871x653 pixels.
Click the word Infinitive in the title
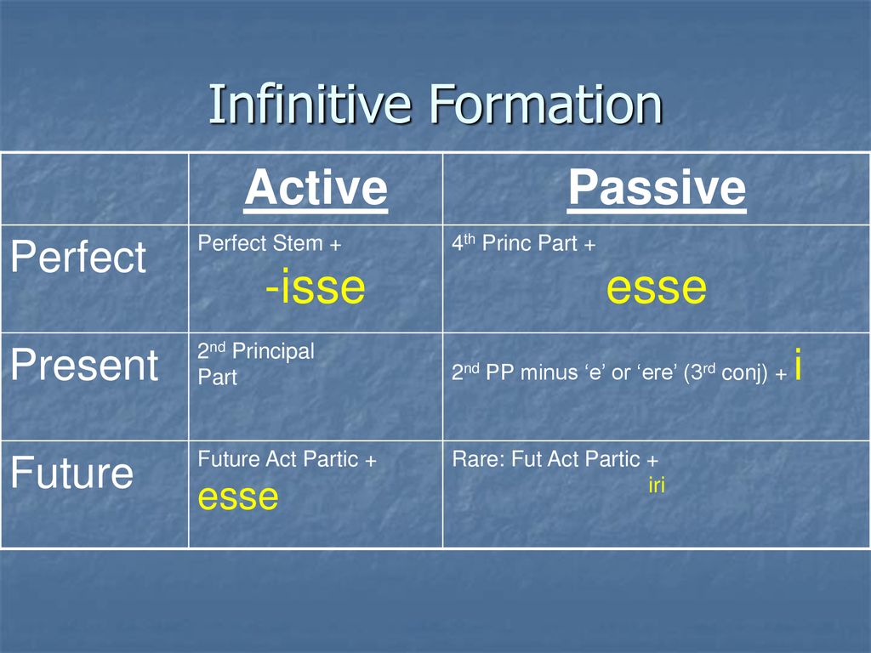(x=310, y=104)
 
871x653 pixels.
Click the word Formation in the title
(x=546, y=104)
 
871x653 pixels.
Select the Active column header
(x=316, y=188)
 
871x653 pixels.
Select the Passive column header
(x=657, y=188)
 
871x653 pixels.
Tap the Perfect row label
(x=78, y=257)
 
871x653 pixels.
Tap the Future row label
(x=72, y=473)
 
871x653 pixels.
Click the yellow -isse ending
(x=315, y=287)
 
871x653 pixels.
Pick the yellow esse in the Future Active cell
(x=238, y=497)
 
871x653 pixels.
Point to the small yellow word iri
(x=657, y=485)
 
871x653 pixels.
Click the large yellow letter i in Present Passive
(x=798, y=364)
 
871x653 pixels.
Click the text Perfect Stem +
(x=270, y=243)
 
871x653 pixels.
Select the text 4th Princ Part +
(x=524, y=242)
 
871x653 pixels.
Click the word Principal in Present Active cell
(x=273, y=351)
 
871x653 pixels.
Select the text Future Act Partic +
(x=287, y=459)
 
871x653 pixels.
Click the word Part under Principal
(x=218, y=378)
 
